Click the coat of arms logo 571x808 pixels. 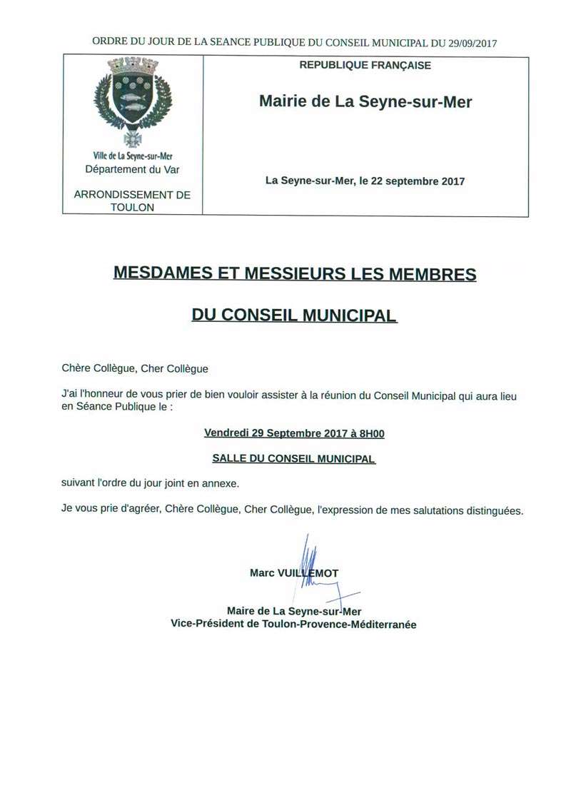tap(133, 100)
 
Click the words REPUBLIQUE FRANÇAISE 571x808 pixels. tap(365, 66)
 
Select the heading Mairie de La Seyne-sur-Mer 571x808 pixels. tap(365, 102)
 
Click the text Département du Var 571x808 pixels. tap(133, 169)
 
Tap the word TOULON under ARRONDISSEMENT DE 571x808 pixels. tap(133, 207)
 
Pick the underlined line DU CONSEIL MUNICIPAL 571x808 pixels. tap(294, 315)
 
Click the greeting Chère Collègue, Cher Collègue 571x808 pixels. tap(135, 369)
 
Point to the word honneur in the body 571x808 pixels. tap(103, 396)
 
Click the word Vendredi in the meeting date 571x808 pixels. tap(226, 433)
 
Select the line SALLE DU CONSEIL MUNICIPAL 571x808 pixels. tap(294, 459)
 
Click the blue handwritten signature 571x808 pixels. tap(314, 567)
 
